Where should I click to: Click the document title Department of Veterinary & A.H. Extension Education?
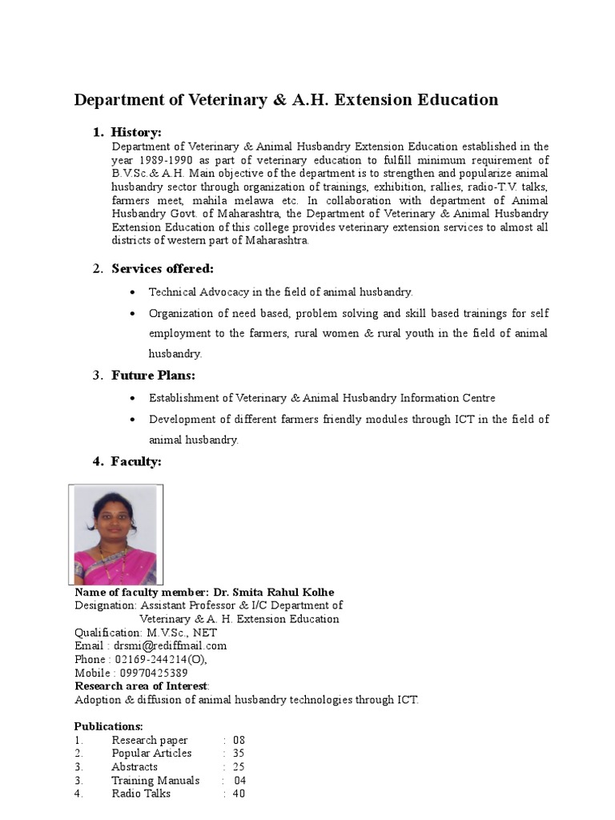(286, 100)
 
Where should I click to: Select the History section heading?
(136, 132)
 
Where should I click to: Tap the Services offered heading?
(163, 268)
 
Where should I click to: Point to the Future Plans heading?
(153, 375)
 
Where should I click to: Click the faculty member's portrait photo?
(115, 534)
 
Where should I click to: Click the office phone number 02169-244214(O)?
(161, 659)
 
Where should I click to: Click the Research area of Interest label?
(141, 686)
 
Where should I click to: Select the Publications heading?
(109, 726)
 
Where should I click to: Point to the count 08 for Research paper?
(239, 740)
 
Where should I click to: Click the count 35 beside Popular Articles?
(239, 754)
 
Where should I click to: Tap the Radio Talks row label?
(141, 794)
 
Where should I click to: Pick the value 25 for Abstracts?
(239, 767)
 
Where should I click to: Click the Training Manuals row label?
(155, 780)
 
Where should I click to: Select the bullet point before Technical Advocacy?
(132, 293)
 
